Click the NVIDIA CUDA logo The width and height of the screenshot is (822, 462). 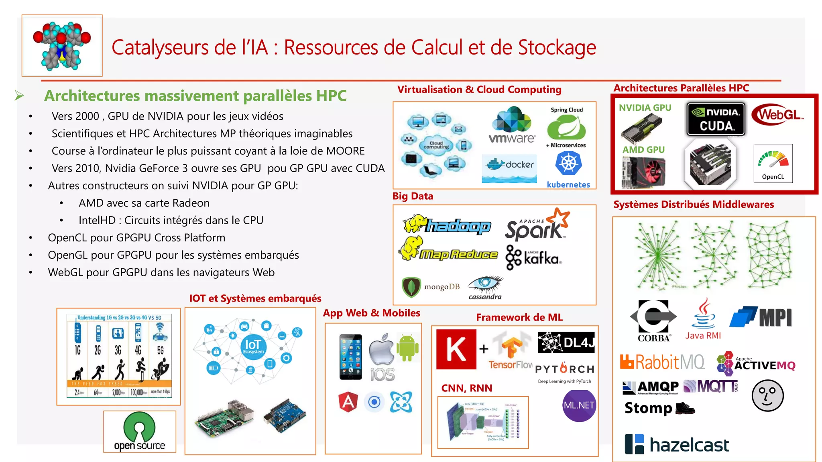(x=716, y=119)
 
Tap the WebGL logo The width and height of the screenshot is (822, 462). (x=777, y=115)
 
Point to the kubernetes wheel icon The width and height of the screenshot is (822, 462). (x=568, y=163)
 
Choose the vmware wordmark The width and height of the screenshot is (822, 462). (x=512, y=138)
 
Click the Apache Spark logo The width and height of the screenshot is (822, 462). (x=537, y=225)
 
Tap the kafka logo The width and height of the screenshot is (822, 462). (x=533, y=258)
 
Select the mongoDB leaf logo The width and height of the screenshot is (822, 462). (x=411, y=287)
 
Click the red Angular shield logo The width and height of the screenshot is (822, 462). (x=348, y=402)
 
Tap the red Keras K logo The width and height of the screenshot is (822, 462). (x=456, y=349)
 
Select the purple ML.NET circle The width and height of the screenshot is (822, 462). (x=579, y=405)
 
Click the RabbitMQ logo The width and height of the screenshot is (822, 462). (x=662, y=362)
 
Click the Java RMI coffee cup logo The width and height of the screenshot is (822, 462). (x=703, y=319)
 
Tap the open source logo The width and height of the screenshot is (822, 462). (x=139, y=432)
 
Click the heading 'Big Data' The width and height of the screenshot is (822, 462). (x=413, y=196)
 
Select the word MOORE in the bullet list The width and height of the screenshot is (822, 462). (x=345, y=151)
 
